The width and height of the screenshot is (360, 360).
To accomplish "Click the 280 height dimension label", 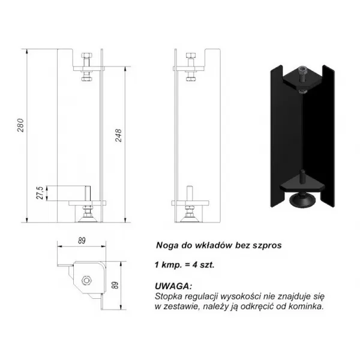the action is (20, 125).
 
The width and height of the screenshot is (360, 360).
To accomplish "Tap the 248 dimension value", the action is (118, 136).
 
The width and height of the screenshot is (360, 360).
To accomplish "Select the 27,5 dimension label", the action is (40, 193).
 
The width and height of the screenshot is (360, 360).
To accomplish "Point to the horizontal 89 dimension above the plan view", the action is (82, 241).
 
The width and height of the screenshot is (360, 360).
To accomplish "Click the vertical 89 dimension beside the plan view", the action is (116, 285).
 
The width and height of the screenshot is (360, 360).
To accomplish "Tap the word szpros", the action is (267, 245).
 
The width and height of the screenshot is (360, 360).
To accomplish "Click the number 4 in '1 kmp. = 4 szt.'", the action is (195, 265).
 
